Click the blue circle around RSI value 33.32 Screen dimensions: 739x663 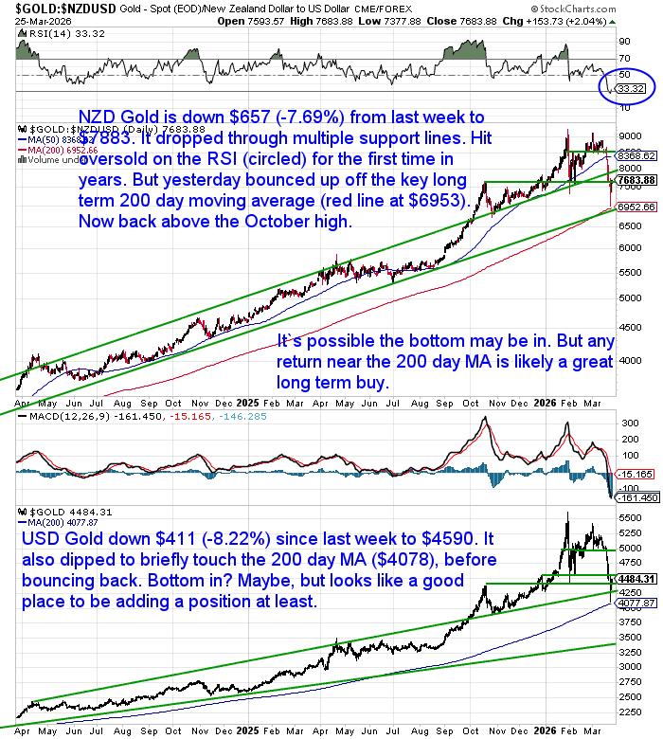[x=629, y=86]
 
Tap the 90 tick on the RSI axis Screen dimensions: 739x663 [x=624, y=42]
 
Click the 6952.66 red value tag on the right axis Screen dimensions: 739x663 [x=637, y=207]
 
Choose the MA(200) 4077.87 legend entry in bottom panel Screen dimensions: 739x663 [x=52, y=521]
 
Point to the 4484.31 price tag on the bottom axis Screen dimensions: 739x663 [x=636, y=578]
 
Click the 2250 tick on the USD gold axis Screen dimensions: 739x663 [x=629, y=712]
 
